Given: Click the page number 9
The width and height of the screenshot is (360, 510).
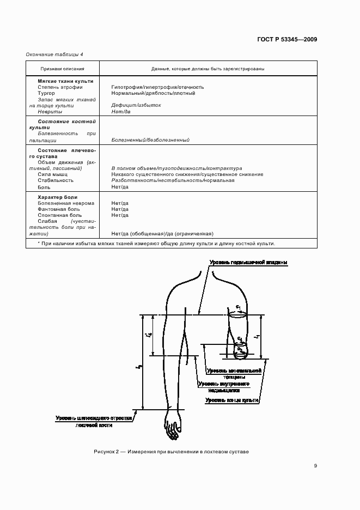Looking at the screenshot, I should coord(315,465).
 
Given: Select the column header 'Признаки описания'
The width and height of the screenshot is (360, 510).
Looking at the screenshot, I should coord(62,69).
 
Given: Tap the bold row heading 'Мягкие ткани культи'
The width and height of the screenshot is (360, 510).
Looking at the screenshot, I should coord(65,81).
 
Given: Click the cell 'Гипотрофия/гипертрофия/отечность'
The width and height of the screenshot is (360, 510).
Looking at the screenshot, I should coord(157,87).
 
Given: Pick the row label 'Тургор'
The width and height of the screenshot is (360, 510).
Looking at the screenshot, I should coord(46,93).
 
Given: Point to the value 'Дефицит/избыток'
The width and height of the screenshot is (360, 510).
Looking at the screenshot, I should coord(136,105).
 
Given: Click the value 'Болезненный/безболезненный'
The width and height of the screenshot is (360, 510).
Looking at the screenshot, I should coord(150,140).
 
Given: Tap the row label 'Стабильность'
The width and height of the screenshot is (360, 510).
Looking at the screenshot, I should coord(56,180).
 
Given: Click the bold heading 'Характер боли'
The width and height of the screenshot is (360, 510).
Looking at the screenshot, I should coord(58,197).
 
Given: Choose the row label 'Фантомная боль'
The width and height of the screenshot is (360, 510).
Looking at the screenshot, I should coord(59,209).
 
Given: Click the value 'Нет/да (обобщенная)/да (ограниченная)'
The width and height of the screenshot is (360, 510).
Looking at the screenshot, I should coord(162,233).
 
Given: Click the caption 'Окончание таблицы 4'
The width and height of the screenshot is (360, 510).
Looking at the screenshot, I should coord(54,53).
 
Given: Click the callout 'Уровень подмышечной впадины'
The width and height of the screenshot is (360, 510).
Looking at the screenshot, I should coord(248,263).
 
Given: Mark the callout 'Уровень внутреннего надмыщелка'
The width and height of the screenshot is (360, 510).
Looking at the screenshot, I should coord(224,387).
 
